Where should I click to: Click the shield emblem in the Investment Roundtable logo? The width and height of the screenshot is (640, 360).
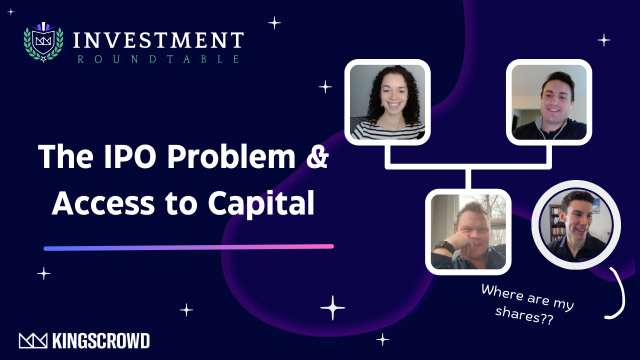pyautogui.click(x=43, y=41)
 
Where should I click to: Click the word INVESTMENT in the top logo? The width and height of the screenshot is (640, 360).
pyautogui.click(x=158, y=40)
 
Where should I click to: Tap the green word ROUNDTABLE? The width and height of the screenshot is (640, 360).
pyautogui.click(x=158, y=59)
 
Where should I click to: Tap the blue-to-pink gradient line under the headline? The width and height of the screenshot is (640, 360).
pyautogui.click(x=188, y=247)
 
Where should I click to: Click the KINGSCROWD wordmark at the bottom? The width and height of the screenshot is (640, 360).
pyautogui.click(x=100, y=341)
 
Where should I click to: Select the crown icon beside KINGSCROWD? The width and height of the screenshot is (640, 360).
pyautogui.click(x=33, y=341)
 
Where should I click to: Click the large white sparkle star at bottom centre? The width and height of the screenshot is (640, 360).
pyautogui.click(x=332, y=307)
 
